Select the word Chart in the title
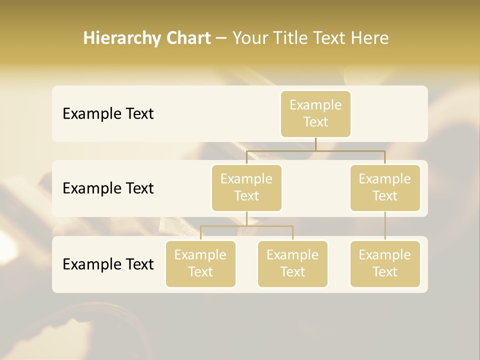coord(187,38)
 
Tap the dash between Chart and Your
coord(221,38)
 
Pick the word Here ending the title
coord(370,38)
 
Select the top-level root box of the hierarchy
coord(315,114)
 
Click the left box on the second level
coord(246,188)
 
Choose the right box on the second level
coord(385,188)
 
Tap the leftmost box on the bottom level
coord(200,264)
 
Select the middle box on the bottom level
coord(292,264)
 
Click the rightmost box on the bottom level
coord(385,264)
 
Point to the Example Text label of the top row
coord(108,114)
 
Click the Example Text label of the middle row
coord(108,188)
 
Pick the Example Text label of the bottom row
coord(108,264)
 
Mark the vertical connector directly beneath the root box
coord(315,144)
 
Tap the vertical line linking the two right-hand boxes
coord(385,226)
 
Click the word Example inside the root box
coord(315,105)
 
